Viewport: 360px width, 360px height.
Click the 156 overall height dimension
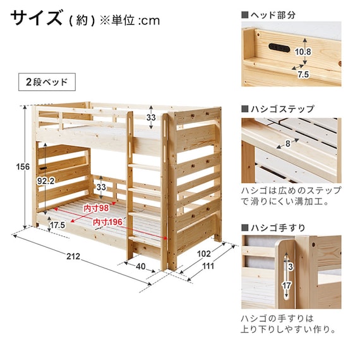click(23, 167)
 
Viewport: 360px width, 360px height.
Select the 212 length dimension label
click(73, 256)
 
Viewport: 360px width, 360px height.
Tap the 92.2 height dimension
click(45, 181)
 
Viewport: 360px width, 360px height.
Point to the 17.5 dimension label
click(57, 225)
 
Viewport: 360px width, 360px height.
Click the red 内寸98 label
click(96, 208)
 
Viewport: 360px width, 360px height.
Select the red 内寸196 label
click(107, 222)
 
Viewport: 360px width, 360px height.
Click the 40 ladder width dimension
click(140, 267)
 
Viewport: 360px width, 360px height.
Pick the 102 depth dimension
click(204, 254)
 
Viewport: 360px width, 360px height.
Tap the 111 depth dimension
click(208, 266)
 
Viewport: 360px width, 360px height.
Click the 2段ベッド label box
click(47, 82)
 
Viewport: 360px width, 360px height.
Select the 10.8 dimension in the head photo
click(303, 52)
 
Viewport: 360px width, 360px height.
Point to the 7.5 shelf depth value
click(303, 75)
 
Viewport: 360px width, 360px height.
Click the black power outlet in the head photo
click(279, 47)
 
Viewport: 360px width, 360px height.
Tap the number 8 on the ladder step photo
click(288, 144)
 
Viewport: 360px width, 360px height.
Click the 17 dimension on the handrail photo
click(287, 285)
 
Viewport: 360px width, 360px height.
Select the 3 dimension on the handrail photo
click(291, 267)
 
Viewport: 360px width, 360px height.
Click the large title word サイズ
click(36, 18)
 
